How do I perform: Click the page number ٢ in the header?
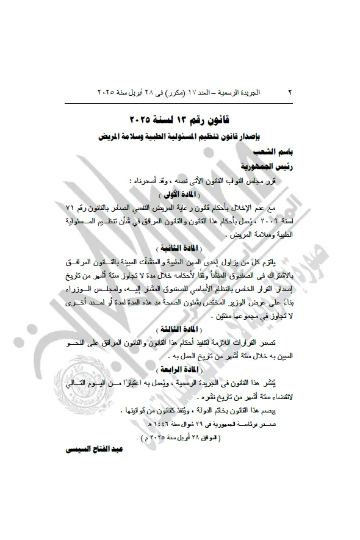289,92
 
